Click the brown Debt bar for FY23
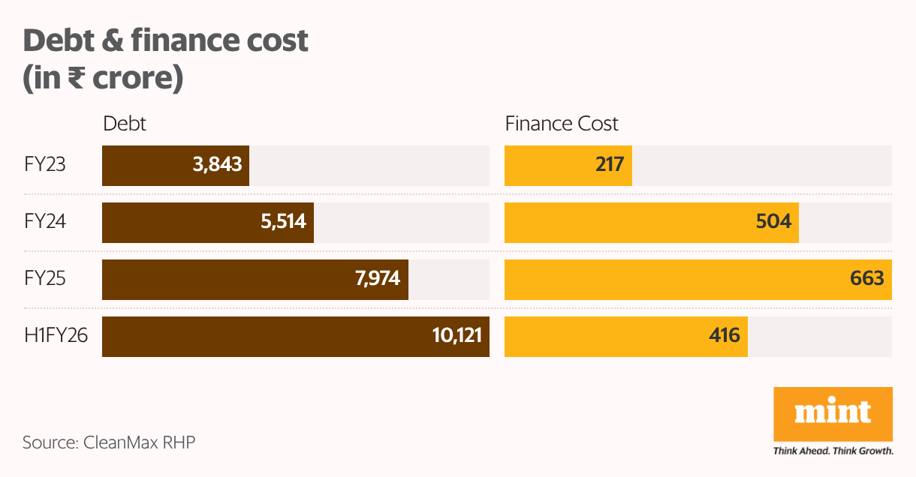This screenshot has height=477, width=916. coord(176,165)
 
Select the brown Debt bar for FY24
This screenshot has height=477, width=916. coord(208,222)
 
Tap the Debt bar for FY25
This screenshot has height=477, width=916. coord(255,279)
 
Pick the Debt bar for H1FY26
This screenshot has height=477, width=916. coord(296,336)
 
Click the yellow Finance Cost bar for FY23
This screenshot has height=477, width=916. coord(568,165)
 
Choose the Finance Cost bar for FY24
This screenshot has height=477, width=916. coord(651,222)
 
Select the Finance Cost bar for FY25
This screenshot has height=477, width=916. coord(698,279)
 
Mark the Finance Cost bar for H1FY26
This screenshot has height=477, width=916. coord(625,336)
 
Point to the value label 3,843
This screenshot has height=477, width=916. coord(218,164)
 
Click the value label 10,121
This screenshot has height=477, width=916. coord(456,335)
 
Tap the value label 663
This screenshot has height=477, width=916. coord(867,278)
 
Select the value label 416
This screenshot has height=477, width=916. coord(725,335)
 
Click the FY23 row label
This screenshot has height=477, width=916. coord(45,164)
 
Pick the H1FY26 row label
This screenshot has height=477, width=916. coord(56,335)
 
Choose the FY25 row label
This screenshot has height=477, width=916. coord(45,278)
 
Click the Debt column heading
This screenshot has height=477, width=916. coord(125,124)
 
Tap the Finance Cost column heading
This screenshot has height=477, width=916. coord(562,124)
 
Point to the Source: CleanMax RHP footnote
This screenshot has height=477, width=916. coord(109,442)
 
